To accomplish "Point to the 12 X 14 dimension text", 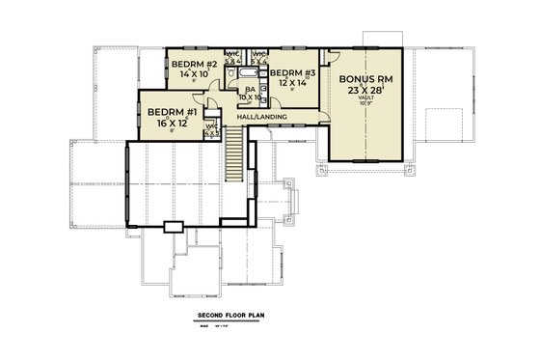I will tap(289, 83).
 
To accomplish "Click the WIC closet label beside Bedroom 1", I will tap(210, 128).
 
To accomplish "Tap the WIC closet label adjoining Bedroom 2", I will tap(232, 56).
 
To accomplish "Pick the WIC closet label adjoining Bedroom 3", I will tap(258, 56).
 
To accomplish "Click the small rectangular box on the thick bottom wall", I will tap(173, 228).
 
